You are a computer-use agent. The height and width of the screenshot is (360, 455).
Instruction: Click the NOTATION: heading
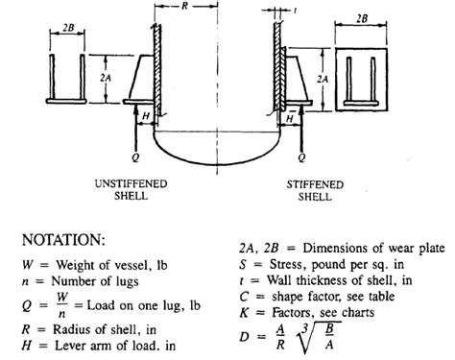[x=63, y=240]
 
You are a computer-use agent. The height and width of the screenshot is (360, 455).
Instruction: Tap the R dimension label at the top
[x=184, y=6]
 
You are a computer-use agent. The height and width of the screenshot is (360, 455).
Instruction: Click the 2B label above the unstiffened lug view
[x=68, y=28]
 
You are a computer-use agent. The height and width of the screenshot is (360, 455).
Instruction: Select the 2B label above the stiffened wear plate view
[x=362, y=18]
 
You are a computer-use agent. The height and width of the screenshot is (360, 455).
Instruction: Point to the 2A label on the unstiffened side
[x=106, y=78]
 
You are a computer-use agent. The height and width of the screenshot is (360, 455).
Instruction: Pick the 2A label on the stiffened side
[x=323, y=79]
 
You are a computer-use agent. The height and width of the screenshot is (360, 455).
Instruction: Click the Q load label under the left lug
[x=135, y=157]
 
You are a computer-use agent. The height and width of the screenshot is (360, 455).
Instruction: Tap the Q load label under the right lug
[x=301, y=157]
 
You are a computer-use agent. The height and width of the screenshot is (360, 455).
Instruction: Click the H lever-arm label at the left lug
[x=146, y=116]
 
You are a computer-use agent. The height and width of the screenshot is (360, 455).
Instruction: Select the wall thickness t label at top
[x=295, y=11]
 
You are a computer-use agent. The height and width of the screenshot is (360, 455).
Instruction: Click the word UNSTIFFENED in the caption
[x=131, y=183]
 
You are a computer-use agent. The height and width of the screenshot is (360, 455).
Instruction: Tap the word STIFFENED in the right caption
[x=315, y=184]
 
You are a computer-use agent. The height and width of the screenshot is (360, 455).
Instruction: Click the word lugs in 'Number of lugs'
[x=127, y=281]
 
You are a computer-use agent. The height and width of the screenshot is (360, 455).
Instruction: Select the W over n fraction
[x=62, y=305]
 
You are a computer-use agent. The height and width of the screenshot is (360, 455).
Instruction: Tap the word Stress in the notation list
[x=288, y=264]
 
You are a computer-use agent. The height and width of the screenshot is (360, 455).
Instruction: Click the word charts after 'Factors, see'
[x=358, y=312]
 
